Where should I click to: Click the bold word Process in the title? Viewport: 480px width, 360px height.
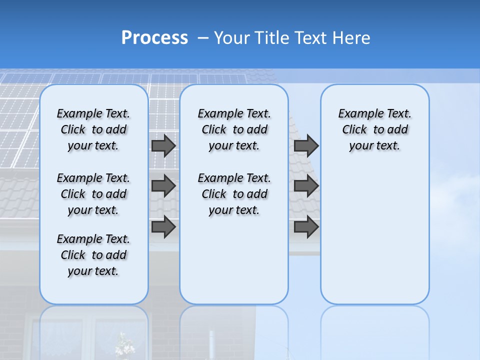pyautogui.click(x=154, y=37)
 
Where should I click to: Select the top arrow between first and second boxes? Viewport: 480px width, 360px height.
pyautogui.click(x=163, y=145)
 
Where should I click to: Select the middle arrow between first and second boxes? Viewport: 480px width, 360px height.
pyautogui.click(x=163, y=186)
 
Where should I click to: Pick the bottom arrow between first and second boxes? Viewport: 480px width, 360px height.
pyautogui.click(x=163, y=226)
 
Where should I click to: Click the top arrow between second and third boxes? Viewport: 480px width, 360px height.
pyautogui.click(x=306, y=145)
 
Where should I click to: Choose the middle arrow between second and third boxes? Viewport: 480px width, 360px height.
pyautogui.click(x=306, y=186)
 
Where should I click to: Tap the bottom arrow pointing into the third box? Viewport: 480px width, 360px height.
pyautogui.click(x=306, y=226)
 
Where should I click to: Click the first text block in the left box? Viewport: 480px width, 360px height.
pyautogui.click(x=93, y=129)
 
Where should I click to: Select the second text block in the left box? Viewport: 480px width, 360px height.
pyautogui.click(x=93, y=194)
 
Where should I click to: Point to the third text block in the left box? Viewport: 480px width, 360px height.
pyautogui.click(x=93, y=255)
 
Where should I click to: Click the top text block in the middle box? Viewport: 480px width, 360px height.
pyautogui.click(x=234, y=129)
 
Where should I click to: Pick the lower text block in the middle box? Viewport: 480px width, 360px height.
pyautogui.click(x=234, y=194)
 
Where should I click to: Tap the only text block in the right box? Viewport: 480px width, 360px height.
pyautogui.click(x=374, y=129)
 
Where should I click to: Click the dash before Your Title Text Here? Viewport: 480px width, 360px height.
pyautogui.click(x=203, y=37)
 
